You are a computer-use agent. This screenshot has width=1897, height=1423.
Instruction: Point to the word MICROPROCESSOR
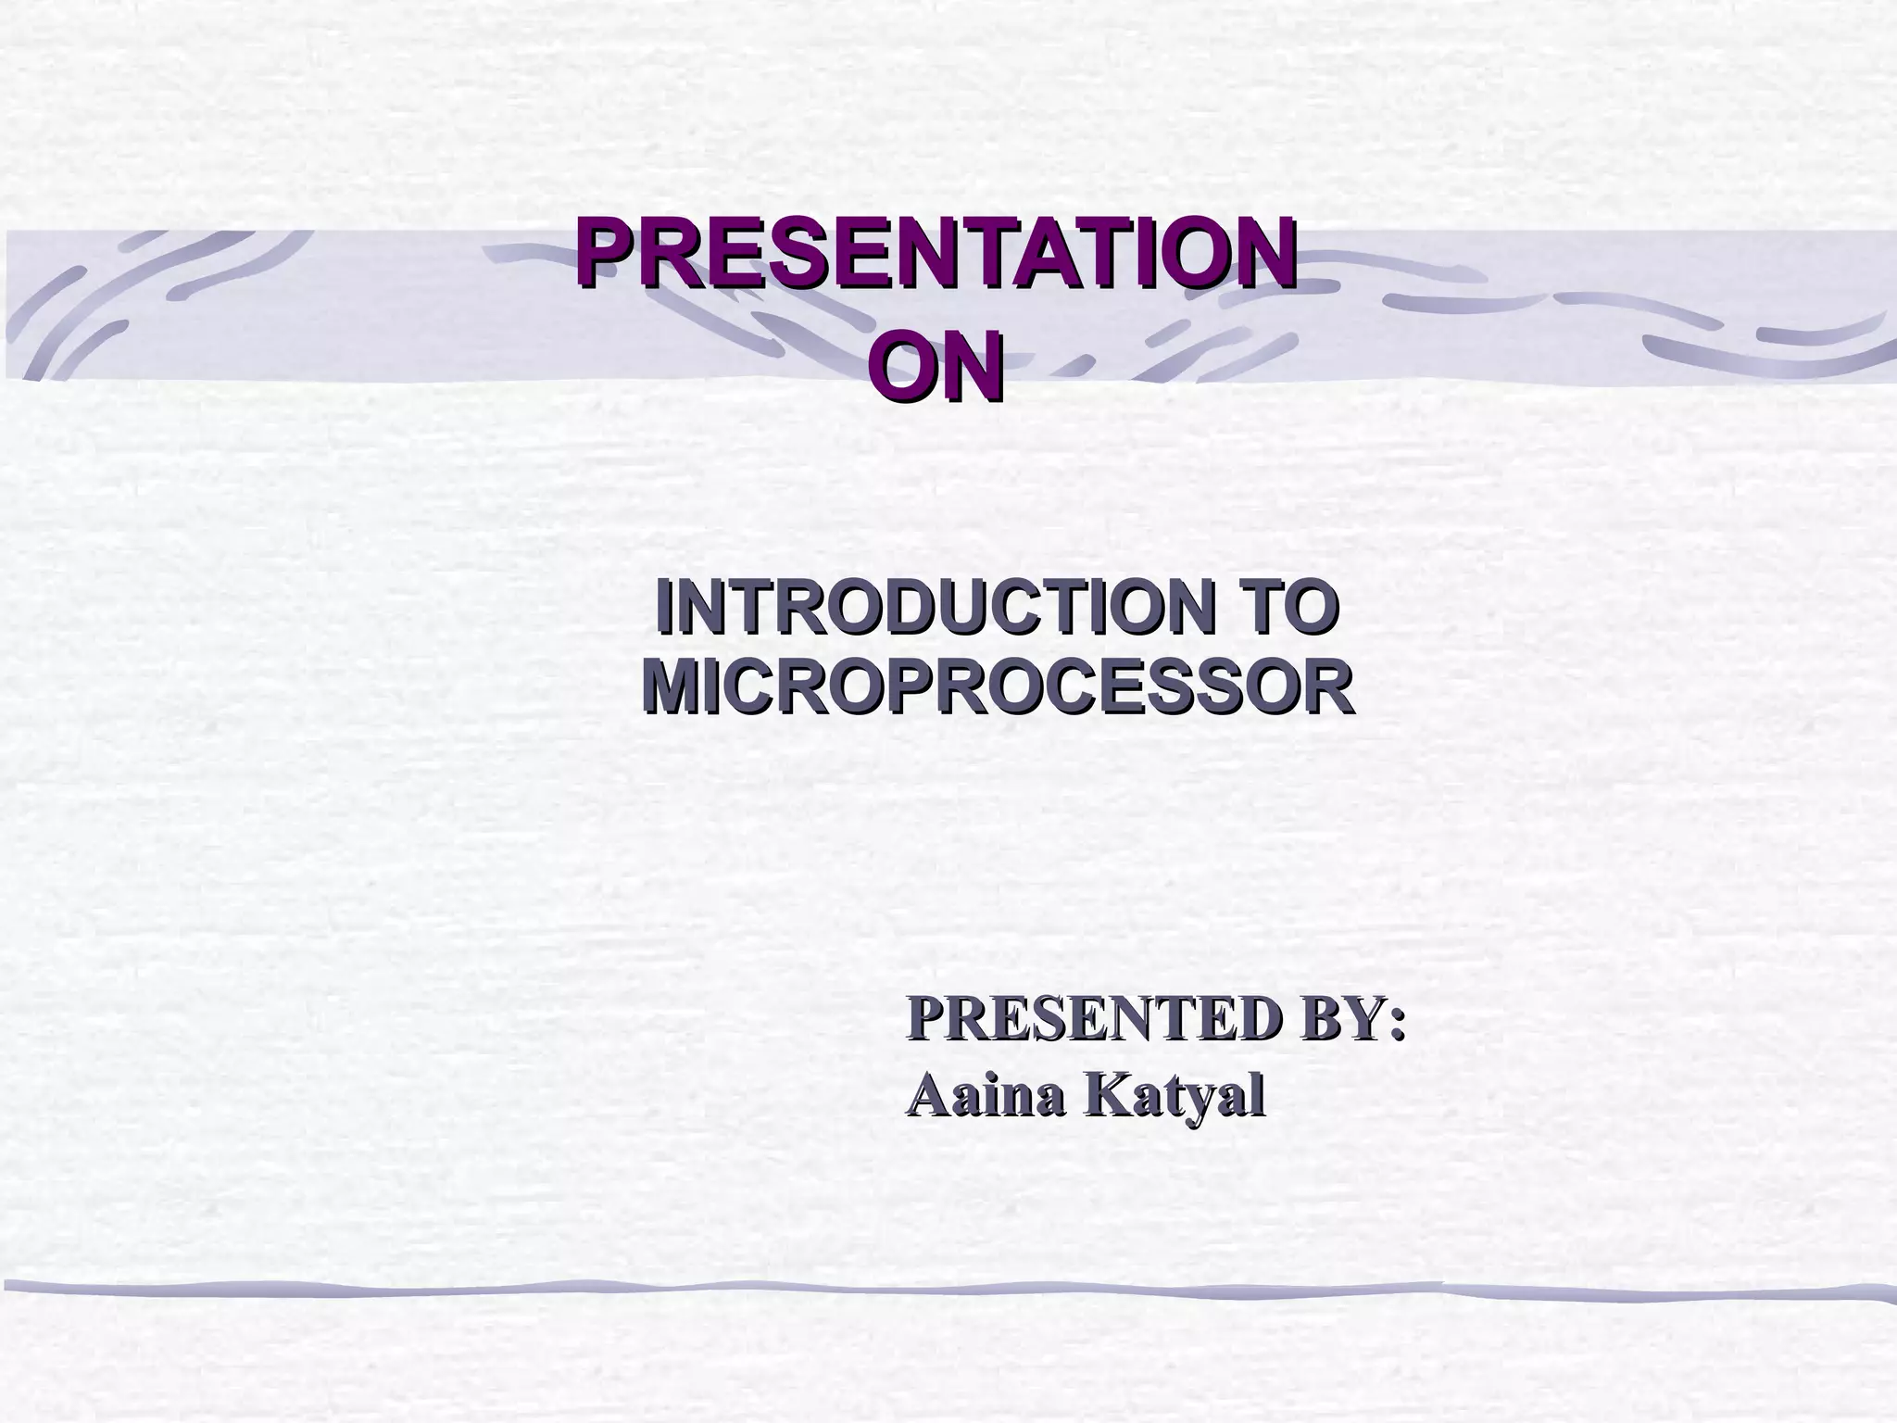997,688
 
